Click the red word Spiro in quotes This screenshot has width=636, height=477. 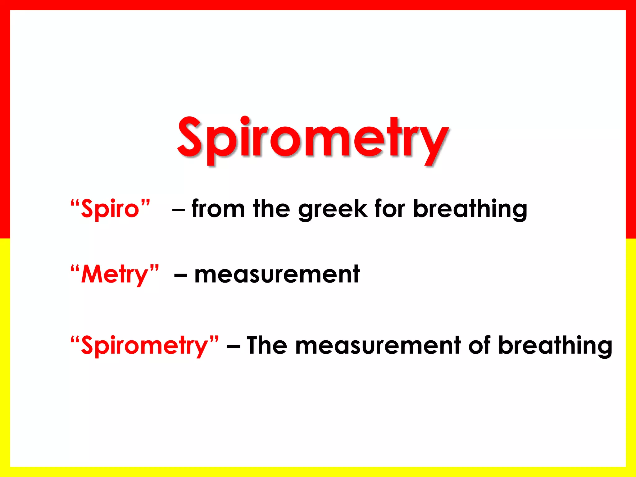110,209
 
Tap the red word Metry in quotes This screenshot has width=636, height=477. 115,275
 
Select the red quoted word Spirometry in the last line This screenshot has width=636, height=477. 144,346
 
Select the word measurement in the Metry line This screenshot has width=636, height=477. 277,275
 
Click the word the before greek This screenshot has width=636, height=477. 272,209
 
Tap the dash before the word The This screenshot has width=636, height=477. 233,346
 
